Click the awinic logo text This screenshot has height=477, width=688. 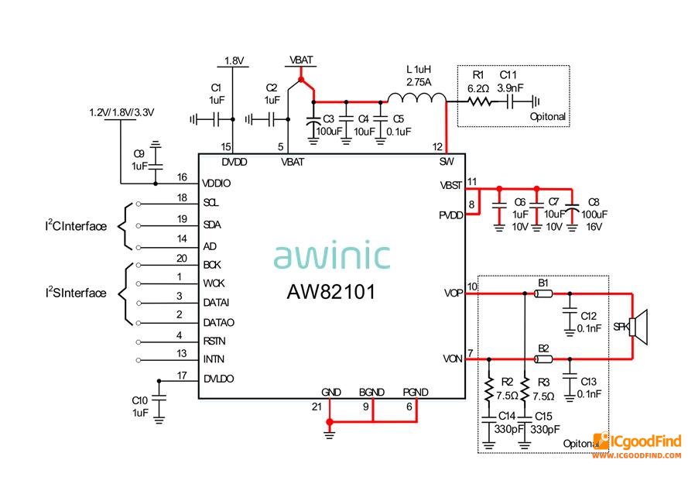331,256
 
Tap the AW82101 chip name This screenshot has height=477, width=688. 331,292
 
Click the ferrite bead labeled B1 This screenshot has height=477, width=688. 543,293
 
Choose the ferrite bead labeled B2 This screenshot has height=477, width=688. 543,359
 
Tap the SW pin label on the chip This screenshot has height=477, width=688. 447,162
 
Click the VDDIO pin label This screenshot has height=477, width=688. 217,184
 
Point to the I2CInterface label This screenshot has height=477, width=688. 75,227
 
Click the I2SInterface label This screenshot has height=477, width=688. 75,293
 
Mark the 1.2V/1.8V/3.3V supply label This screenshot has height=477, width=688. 122,112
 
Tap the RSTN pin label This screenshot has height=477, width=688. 215,341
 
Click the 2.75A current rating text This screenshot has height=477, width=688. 418,81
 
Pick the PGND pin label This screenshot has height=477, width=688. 416,392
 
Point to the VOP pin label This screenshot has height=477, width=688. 454,293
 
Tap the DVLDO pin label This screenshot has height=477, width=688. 218,379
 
